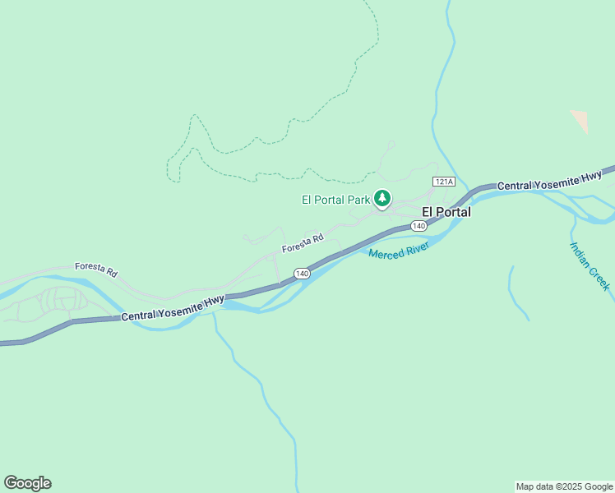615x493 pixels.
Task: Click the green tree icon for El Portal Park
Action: pos(382,198)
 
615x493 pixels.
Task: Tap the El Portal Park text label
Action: pos(335,199)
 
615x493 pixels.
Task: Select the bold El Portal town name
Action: pos(446,212)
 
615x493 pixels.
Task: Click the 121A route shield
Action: pos(443,181)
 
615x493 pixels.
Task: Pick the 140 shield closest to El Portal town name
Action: pos(418,226)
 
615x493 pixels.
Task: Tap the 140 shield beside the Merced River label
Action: pos(303,273)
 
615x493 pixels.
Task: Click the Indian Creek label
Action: pos(590,265)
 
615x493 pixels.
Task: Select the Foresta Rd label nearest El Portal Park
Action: pos(303,243)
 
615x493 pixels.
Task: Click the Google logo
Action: pos(27,483)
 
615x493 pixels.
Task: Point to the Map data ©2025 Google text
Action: pos(564,486)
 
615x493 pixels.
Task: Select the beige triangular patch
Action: pos(580,120)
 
